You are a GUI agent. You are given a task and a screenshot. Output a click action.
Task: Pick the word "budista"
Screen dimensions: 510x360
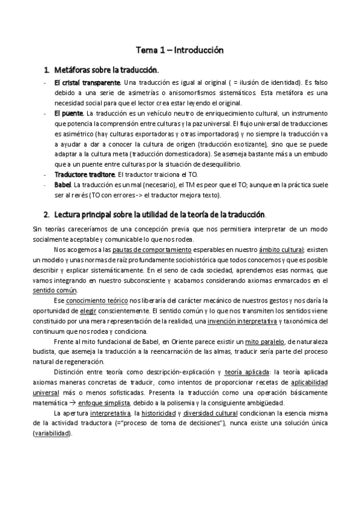pyautogui.click(x=44, y=352)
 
